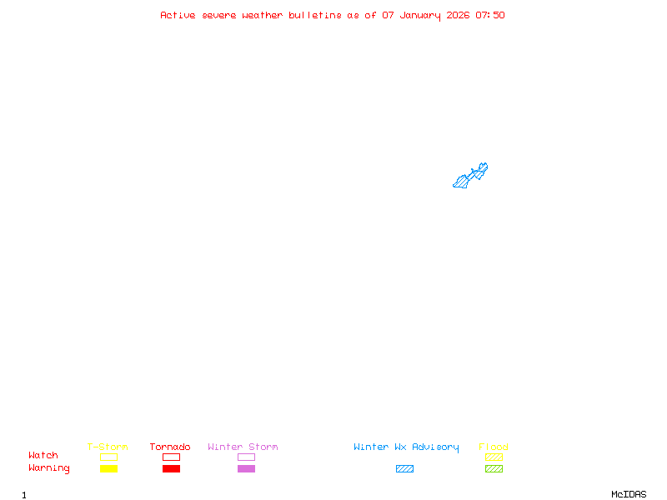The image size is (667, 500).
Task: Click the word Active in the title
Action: coord(178,15)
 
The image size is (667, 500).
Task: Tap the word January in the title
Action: coord(420,15)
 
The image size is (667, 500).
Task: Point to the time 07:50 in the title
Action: coord(490,15)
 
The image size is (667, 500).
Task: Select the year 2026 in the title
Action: coord(458,15)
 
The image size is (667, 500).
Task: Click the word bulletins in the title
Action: coord(315,15)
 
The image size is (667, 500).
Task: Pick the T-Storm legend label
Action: coord(108,447)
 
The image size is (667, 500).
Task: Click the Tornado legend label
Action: coord(170,447)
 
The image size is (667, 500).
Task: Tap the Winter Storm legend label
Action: coord(243,447)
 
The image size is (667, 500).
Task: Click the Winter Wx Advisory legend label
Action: coord(406,447)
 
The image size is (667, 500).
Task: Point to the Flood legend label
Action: coord(494,447)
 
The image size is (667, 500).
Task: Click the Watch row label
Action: coord(43,456)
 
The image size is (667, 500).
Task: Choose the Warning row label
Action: coord(49,468)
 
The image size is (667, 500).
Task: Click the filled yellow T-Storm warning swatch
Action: coord(108,469)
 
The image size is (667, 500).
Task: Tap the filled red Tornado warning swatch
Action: coord(171,469)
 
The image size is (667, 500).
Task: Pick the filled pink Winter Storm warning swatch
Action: coord(246,469)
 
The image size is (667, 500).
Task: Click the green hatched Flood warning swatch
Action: coord(494,469)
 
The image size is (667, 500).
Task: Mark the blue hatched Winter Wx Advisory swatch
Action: coord(404,469)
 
